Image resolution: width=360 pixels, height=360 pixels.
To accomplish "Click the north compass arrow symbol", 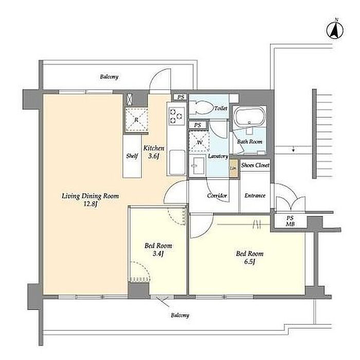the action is point(335,30).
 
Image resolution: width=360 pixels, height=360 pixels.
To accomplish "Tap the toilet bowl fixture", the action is point(202,107).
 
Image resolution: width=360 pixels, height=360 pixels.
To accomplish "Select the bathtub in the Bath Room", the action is point(249,117).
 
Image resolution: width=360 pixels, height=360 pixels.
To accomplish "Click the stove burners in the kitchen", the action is point(176,116).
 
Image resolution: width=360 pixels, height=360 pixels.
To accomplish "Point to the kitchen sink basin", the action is point(177,162).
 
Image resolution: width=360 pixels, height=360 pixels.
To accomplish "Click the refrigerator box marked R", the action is point(136,120).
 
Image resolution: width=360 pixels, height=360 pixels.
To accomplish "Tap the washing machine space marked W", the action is point(199,141).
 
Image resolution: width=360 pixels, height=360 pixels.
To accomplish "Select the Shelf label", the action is point(132,156).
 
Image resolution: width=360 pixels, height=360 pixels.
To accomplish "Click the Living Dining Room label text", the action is point(91,196).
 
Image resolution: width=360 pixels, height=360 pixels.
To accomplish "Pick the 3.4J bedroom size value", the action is point(158,254).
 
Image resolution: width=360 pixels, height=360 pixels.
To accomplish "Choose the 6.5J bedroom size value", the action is point(249,261).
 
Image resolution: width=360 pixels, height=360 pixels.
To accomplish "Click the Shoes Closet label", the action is point(255,165).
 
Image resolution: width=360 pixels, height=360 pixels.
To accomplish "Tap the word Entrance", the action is point(255,195).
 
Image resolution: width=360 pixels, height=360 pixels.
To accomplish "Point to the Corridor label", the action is point(217,195).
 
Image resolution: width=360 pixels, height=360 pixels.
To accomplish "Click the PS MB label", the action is point(290,221).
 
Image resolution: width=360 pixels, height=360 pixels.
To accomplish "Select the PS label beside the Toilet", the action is point(181,97).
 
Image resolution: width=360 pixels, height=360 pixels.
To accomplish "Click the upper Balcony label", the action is point(109,77).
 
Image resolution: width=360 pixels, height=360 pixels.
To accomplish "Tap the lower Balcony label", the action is point(180,315).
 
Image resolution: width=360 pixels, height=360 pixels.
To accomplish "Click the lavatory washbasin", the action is point(197,166).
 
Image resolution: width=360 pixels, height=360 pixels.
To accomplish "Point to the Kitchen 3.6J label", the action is point(154,152).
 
